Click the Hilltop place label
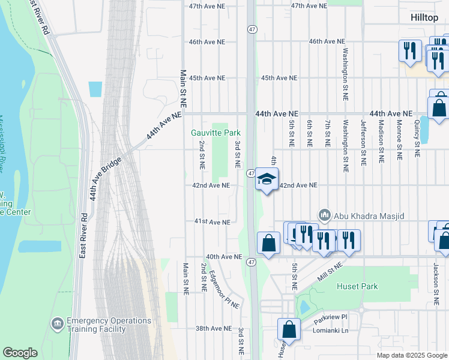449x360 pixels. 424,17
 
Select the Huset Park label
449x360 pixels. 357,286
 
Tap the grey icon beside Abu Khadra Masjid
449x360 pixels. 325,215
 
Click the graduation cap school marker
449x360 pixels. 267,179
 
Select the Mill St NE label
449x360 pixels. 329,272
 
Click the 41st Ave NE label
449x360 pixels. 212,222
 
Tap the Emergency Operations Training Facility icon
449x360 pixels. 58,325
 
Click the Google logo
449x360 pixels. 20,353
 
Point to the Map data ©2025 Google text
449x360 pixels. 411,355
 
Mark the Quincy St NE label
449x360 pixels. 416,142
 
